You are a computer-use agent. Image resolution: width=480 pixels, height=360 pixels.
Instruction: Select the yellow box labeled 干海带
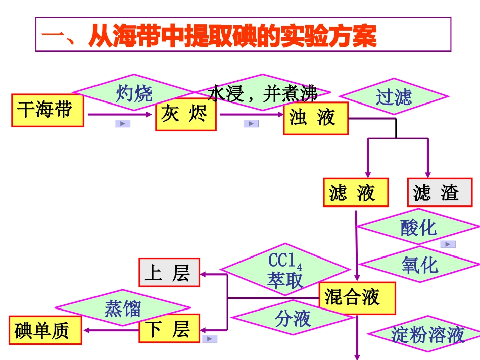coord(47,110)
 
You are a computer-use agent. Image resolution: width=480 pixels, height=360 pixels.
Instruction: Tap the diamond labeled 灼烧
coord(134,93)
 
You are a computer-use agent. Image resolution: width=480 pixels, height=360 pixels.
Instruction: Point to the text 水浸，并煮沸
coord(263,93)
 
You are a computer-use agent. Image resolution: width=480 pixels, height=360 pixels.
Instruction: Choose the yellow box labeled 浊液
coord(315,119)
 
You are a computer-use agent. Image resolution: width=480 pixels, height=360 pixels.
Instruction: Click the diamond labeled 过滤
coord(394,96)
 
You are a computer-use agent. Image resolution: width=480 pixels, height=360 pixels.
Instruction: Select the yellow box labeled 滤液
coord(356,192)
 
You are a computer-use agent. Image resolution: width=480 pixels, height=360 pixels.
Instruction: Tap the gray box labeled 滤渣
coord(440,192)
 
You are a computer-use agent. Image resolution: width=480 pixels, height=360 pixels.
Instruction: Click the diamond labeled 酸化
coord(418,227)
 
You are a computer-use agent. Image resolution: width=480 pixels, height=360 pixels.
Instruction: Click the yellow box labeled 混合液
coord(357,298)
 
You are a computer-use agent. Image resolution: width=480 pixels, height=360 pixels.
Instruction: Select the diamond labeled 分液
coord(293,319)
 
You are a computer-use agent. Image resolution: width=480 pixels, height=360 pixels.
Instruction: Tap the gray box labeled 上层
coord(169,272)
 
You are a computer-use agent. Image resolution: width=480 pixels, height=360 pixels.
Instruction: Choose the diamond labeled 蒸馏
coord(122,308)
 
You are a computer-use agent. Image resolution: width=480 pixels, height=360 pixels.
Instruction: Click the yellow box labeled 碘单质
coord(45,331)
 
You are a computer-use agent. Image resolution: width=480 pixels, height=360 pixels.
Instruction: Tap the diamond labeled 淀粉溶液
coord(427,335)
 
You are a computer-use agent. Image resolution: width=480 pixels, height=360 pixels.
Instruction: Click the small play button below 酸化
coord(448,244)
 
